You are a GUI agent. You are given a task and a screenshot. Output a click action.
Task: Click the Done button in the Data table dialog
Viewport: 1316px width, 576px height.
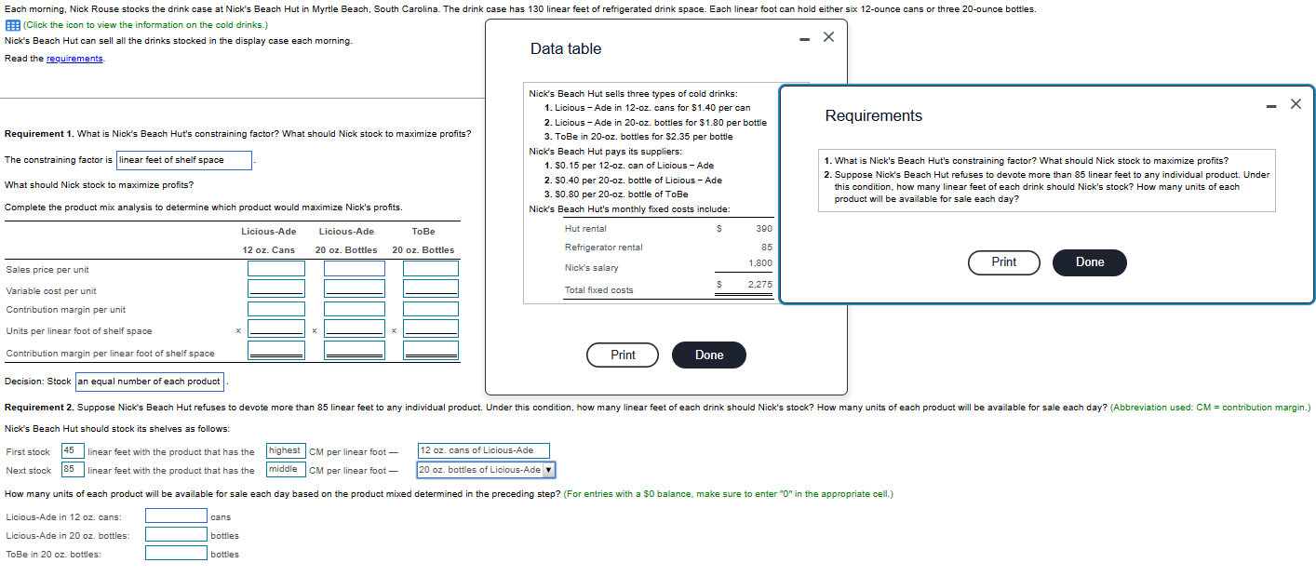(x=708, y=355)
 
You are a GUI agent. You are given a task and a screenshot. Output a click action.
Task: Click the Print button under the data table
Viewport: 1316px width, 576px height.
(x=623, y=355)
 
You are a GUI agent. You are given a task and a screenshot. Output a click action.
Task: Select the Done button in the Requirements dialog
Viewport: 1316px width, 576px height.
(x=1089, y=262)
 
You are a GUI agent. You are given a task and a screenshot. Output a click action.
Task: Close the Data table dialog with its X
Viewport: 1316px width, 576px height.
(x=828, y=36)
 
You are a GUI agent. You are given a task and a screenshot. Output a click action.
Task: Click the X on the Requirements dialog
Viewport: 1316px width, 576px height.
(x=1296, y=103)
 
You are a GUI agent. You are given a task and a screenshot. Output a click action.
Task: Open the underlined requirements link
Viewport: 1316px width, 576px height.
(x=74, y=59)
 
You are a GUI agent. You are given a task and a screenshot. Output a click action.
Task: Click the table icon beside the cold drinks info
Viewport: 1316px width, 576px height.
(x=12, y=25)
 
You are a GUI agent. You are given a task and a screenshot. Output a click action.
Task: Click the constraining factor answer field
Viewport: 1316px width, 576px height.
(x=184, y=160)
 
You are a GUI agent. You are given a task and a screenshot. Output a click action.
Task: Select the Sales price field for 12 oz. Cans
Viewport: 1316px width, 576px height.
(x=275, y=269)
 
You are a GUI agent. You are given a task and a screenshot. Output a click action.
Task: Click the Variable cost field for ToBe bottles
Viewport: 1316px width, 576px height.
(x=430, y=288)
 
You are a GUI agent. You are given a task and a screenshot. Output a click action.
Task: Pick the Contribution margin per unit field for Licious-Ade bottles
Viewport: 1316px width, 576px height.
(x=354, y=309)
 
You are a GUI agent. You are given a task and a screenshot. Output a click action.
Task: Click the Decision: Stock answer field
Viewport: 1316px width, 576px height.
(x=149, y=382)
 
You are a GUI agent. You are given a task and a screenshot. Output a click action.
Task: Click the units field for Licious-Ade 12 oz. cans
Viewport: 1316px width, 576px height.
(x=176, y=516)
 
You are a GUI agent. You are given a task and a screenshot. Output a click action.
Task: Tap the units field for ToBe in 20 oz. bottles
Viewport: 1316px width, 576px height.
(x=176, y=554)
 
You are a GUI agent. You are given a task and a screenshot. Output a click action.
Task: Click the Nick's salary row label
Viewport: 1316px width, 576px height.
(x=591, y=268)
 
